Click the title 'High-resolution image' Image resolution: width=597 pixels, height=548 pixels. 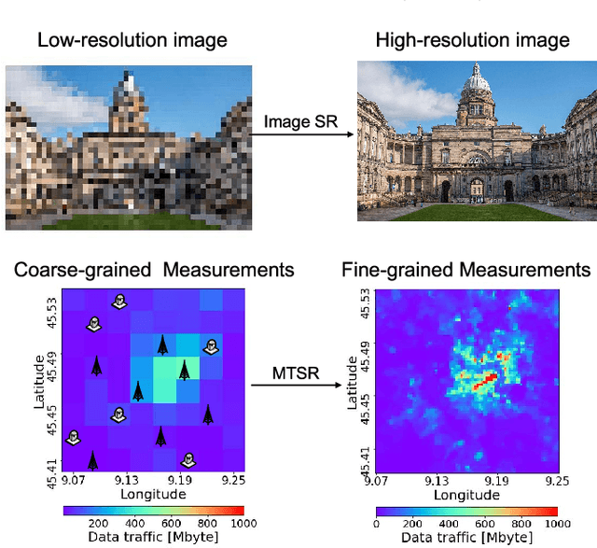[x=472, y=40]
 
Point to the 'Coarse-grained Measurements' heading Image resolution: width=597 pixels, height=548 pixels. [x=154, y=271]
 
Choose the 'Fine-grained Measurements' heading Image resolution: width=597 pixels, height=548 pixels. [x=465, y=271]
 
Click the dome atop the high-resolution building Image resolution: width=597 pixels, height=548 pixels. [x=478, y=86]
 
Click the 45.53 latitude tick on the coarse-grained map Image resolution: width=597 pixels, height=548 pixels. [x=52, y=308]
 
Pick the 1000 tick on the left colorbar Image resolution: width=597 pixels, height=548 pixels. [x=243, y=525]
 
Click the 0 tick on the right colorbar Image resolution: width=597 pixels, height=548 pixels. [x=378, y=525]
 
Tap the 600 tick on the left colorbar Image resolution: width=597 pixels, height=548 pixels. [x=171, y=525]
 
